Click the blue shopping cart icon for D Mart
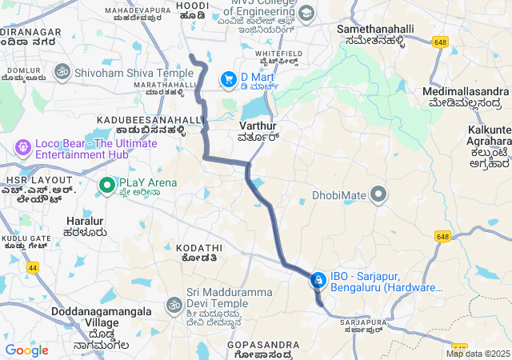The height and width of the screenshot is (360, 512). tap(229, 78)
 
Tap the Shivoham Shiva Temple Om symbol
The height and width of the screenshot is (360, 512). tap(61, 72)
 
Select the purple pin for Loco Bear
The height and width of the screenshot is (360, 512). tap(22, 148)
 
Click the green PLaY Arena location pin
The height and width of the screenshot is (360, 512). tap(106, 185)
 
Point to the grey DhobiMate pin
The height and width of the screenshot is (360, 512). tap(378, 194)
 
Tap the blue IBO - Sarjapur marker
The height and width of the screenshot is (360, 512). tap(318, 279)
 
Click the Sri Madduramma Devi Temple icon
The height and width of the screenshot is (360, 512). tap(174, 305)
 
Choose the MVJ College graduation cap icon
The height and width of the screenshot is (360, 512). tap(306, 14)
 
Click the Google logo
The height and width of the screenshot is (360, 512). tap(26, 350)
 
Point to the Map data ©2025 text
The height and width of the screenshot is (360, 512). tap(478, 354)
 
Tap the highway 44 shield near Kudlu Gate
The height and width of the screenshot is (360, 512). tap(33, 267)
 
